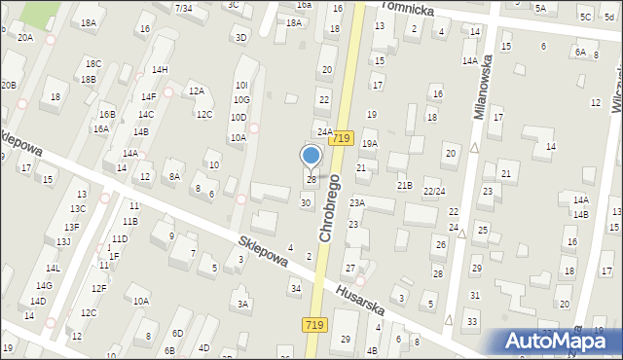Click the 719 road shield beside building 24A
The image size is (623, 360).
[340, 139]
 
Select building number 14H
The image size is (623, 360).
[160, 69]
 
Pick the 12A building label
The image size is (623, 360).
[197, 90]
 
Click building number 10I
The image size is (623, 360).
[241, 86]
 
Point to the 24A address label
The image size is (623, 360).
[324, 131]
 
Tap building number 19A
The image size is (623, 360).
[369, 143]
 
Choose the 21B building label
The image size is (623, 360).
[404, 185]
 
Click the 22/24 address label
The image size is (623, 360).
[433, 191]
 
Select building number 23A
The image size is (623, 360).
[357, 202]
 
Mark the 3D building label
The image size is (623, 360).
[240, 37]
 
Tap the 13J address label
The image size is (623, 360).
[62, 241]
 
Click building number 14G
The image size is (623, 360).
[44, 285]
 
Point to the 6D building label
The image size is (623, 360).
[176, 334]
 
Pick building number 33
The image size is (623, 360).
[472, 321]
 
